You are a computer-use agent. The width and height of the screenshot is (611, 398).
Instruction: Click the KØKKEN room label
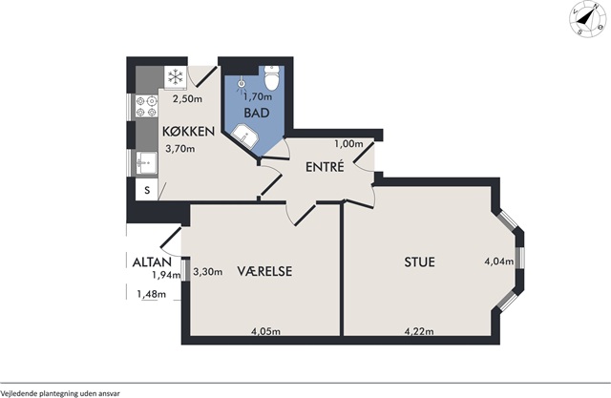click(x=188, y=132)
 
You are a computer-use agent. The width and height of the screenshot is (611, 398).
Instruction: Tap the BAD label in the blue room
click(x=257, y=113)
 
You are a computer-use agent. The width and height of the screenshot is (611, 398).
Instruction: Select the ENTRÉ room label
click(x=325, y=167)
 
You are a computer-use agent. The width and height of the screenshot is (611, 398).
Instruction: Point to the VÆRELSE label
click(x=264, y=271)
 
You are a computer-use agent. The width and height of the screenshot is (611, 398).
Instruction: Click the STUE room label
click(x=419, y=262)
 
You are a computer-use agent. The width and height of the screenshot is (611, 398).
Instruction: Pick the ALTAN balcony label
click(x=152, y=262)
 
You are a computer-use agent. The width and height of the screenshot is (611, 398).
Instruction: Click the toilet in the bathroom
click(x=271, y=77)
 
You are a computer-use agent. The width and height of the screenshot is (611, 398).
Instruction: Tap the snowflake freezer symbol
click(x=176, y=76)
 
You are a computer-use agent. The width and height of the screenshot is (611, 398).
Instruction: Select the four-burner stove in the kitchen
click(x=147, y=107)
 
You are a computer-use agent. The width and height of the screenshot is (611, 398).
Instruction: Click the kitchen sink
click(x=146, y=162)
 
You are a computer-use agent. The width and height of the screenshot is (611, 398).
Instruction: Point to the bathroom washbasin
click(x=245, y=136)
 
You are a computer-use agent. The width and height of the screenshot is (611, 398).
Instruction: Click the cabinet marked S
click(x=146, y=190)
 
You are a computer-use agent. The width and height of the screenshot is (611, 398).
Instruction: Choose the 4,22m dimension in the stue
click(x=419, y=331)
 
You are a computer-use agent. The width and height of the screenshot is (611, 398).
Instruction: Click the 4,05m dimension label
click(x=265, y=331)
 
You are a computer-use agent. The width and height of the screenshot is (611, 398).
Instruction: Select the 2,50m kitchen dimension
click(x=187, y=99)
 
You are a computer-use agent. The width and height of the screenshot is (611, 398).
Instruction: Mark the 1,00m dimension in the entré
click(x=348, y=144)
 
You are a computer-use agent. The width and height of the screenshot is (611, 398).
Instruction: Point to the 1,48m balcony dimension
click(x=151, y=294)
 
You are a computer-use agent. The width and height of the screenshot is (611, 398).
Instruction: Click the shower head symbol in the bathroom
click(x=242, y=84)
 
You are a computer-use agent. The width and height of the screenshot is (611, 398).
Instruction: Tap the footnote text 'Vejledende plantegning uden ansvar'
click(x=60, y=393)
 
